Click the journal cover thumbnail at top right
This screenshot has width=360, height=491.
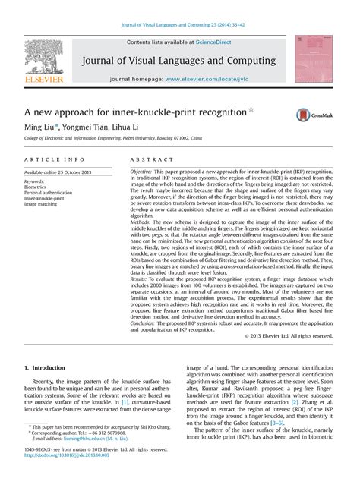pyautogui.click(x=314, y=58)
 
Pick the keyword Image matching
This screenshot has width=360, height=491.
pyautogui.click(x=43, y=205)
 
